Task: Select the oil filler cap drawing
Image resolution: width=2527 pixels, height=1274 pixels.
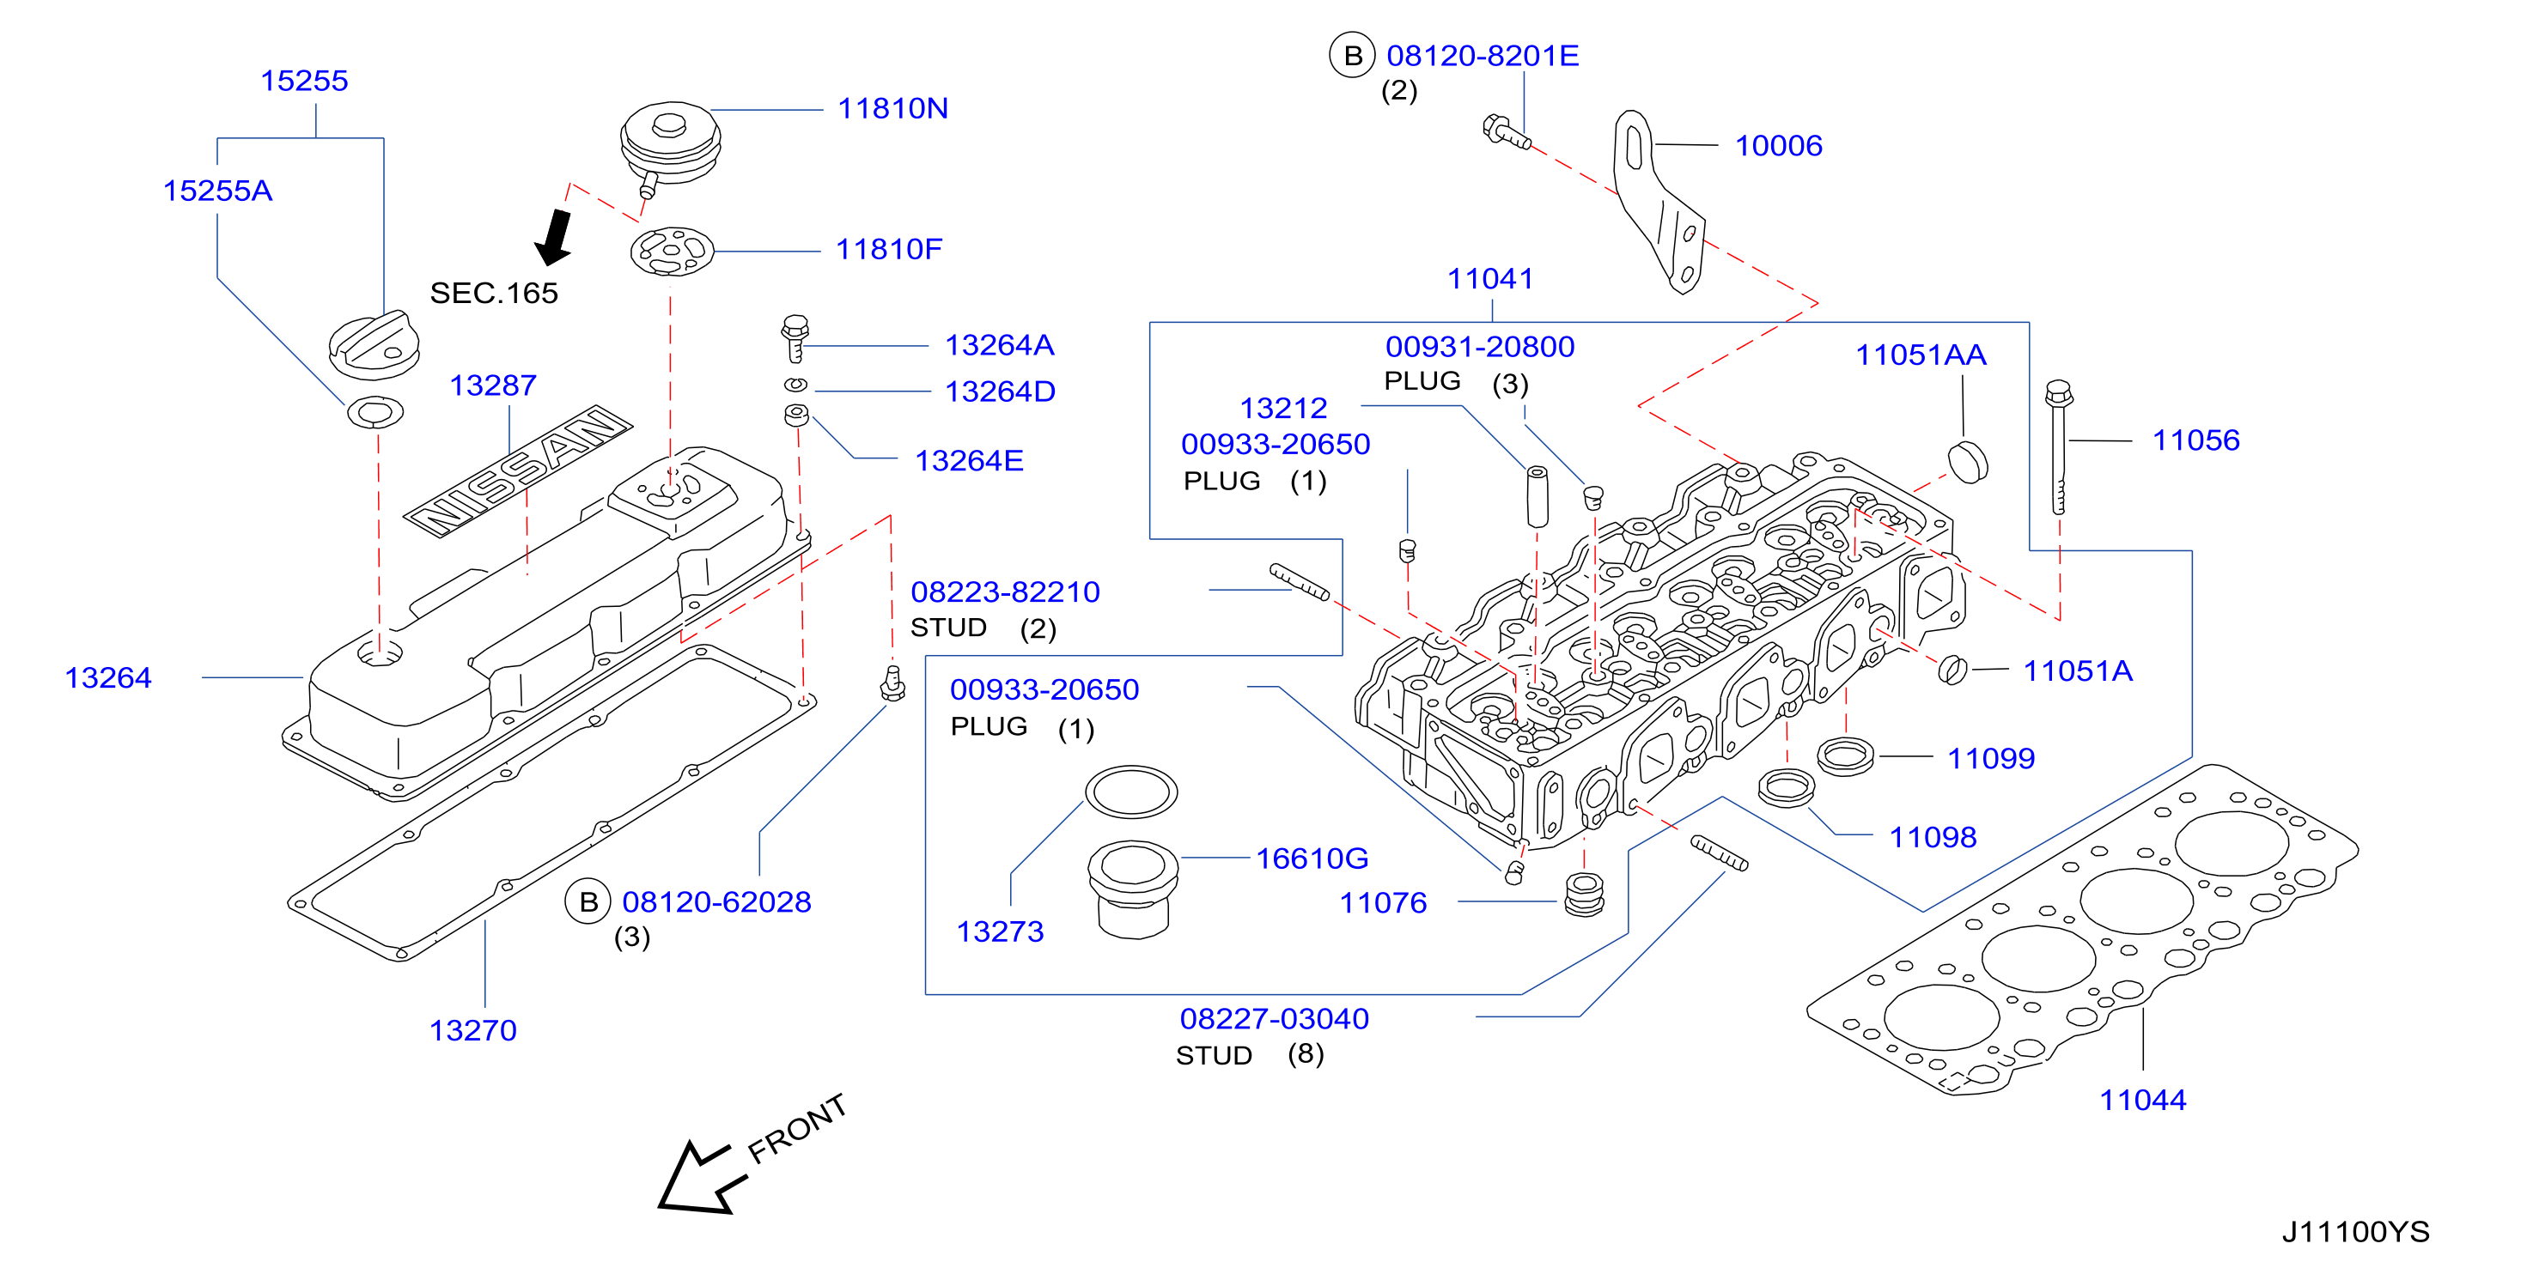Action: (x=374, y=345)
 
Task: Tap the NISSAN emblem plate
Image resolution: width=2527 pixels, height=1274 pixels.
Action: (x=518, y=470)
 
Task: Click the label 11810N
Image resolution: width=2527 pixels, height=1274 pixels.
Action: (x=892, y=108)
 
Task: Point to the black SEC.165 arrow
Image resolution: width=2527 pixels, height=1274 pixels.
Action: (x=554, y=237)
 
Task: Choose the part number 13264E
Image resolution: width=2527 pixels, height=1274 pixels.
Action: (x=968, y=460)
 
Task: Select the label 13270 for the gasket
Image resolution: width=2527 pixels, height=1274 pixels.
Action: (x=472, y=1030)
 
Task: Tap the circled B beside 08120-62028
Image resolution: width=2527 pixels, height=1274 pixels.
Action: (x=588, y=902)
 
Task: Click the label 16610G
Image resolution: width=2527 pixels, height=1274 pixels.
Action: (x=1312, y=858)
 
